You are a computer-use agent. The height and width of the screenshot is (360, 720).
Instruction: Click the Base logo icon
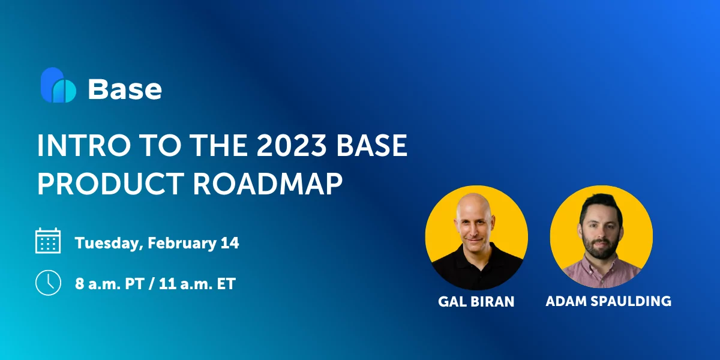[x=58, y=85]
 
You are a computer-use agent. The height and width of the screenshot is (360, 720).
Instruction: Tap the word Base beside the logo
[x=125, y=89]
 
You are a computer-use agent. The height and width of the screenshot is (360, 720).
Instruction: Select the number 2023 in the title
[x=291, y=146]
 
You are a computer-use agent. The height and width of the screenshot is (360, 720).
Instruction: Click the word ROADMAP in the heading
[x=268, y=184]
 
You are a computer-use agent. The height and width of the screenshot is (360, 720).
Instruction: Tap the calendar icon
[x=48, y=241]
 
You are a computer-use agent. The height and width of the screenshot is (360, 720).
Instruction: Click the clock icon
[x=48, y=283]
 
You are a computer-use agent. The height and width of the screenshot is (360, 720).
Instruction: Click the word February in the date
[x=182, y=244]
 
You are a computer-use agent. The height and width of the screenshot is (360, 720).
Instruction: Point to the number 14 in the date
[x=230, y=243]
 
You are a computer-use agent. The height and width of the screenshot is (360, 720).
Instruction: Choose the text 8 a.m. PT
[x=109, y=284]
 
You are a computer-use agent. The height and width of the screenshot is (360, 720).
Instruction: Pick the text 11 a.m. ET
[x=197, y=284]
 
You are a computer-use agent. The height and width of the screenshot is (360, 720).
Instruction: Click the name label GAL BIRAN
[x=476, y=301]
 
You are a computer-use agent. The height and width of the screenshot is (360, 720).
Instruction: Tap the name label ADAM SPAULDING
[x=608, y=301]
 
